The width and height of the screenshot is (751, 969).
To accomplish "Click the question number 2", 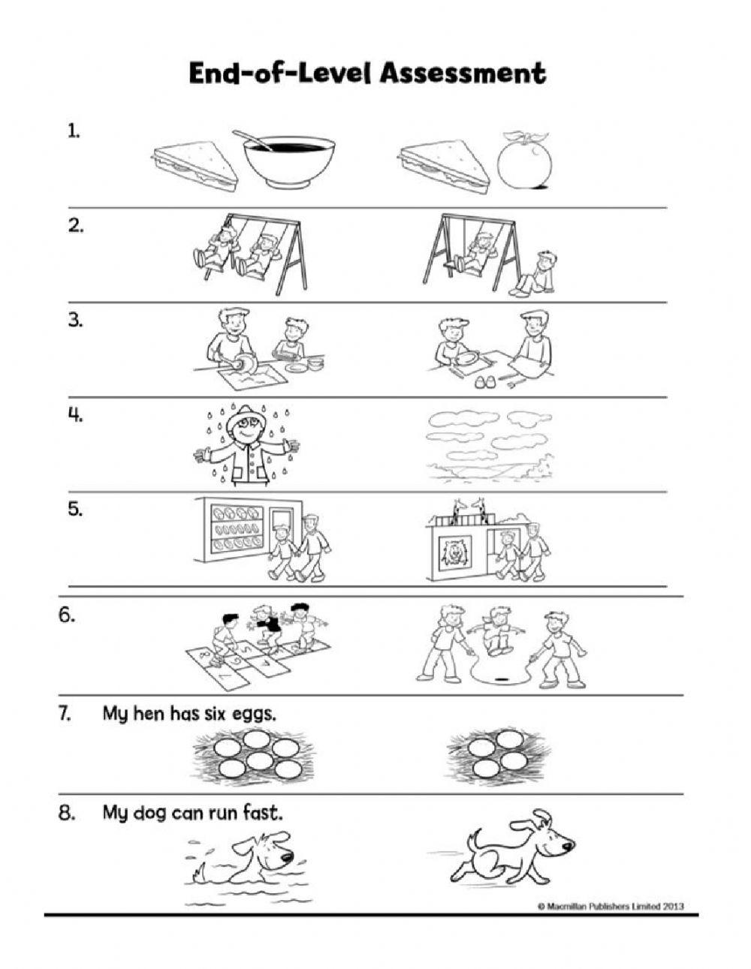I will pyautogui.click(x=76, y=226).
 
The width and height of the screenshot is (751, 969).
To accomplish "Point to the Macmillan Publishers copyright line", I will pyautogui.click(x=611, y=906).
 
